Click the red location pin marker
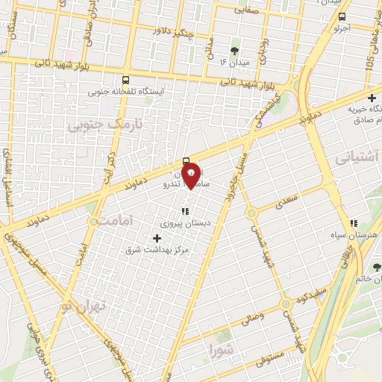[x=192, y=175]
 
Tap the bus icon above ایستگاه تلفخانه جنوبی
[x=125, y=80]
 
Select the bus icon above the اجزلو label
[x=342, y=16]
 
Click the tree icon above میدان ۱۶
[x=235, y=51]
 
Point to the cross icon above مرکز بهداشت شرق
[x=156, y=237]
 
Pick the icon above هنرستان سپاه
[x=354, y=223]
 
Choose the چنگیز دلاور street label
[x=160, y=31]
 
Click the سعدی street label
[x=286, y=198]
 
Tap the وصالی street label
[x=249, y=319]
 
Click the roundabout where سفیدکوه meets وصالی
[x=286, y=304]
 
